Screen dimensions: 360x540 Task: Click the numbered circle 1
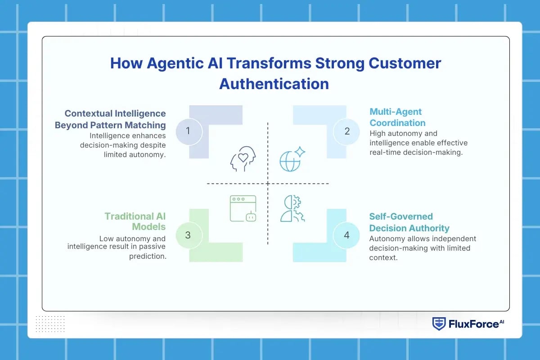click(x=188, y=131)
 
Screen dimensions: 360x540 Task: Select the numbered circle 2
click(x=347, y=131)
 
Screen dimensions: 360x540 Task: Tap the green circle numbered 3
click(x=188, y=235)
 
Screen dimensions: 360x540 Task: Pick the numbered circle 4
click(x=347, y=235)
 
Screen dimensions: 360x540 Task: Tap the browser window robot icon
click(x=243, y=208)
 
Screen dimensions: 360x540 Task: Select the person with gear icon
click(x=292, y=209)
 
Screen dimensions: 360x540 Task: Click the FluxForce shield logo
click(x=439, y=324)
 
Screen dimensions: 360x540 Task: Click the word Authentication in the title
click(x=274, y=84)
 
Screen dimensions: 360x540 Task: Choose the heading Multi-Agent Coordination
click(x=397, y=117)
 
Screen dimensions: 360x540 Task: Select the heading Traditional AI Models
click(x=135, y=221)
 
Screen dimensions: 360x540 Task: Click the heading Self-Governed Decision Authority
click(x=409, y=222)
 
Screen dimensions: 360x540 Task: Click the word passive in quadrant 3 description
click(x=151, y=247)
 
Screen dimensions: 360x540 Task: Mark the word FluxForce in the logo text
click(x=467, y=324)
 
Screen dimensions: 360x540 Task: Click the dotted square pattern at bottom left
click(x=50, y=324)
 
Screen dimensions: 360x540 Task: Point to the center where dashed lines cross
click(x=268, y=184)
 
